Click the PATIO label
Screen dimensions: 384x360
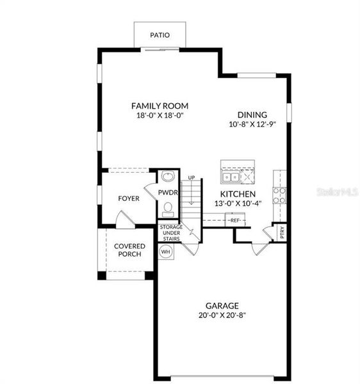click(160, 35)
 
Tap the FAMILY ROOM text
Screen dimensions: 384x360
click(160, 106)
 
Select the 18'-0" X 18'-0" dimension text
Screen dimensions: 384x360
click(160, 116)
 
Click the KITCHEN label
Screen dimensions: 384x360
click(238, 194)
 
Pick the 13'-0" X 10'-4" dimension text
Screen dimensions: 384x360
click(238, 204)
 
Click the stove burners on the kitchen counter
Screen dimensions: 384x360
click(280, 195)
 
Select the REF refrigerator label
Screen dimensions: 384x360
click(234, 221)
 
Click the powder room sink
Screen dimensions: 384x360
click(168, 177)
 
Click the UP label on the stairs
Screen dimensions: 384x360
click(191, 178)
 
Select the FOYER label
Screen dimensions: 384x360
click(128, 198)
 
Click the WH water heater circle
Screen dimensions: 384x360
click(165, 252)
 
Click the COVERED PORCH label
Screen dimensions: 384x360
click(129, 250)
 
